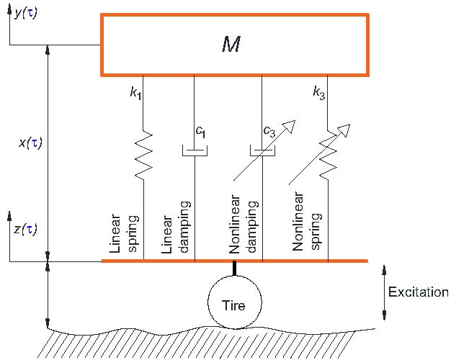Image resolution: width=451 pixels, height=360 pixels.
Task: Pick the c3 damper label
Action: (269, 132)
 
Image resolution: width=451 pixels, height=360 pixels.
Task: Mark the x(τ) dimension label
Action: (30, 143)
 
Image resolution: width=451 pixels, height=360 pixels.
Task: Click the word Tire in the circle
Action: (234, 305)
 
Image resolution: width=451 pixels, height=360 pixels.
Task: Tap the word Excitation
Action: (418, 292)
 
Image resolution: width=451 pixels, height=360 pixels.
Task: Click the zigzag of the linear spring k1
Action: (143, 152)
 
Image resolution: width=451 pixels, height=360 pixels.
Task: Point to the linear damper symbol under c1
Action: (195, 151)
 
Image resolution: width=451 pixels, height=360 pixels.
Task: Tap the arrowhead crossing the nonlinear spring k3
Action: (344, 131)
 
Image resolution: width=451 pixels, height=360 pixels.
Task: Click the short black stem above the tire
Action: (234, 269)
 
